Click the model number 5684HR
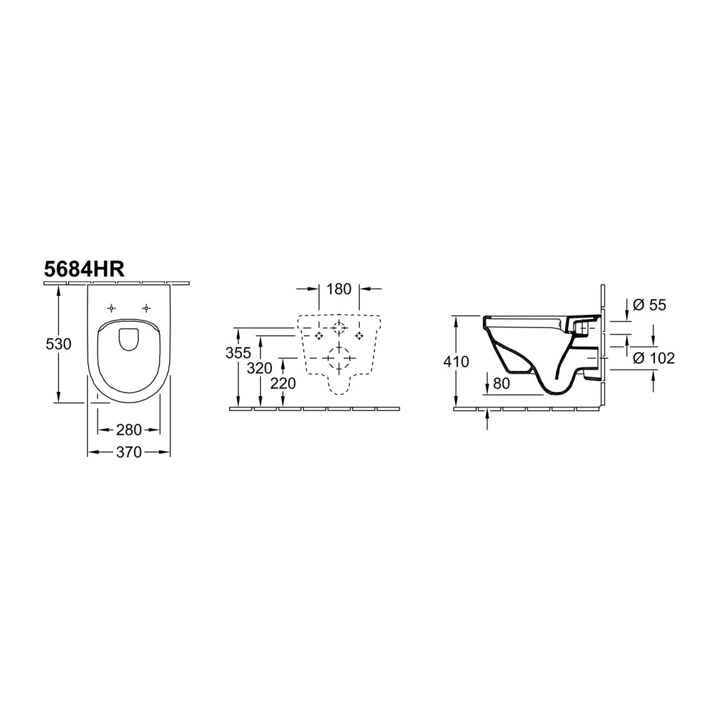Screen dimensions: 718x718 click(84, 269)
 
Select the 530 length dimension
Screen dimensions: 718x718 click(59, 343)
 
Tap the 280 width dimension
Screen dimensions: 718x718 click(129, 430)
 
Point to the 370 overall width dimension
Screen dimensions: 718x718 click(129, 452)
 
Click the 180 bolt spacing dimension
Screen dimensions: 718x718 click(339, 289)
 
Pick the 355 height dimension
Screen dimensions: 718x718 click(238, 353)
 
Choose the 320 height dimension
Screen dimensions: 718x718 click(259, 367)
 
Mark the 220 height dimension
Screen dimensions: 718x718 click(283, 383)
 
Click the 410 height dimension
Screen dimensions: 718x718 click(456, 362)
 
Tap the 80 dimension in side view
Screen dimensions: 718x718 click(501, 384)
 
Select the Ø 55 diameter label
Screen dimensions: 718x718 click(649, 304)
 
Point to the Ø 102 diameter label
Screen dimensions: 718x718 click(654, 358)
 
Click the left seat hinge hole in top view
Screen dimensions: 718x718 click(111, 308)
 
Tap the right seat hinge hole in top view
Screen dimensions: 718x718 click(146, 308)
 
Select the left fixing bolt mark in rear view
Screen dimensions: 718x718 click(319, 336)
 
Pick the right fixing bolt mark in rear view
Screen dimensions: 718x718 click(359, 336)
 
